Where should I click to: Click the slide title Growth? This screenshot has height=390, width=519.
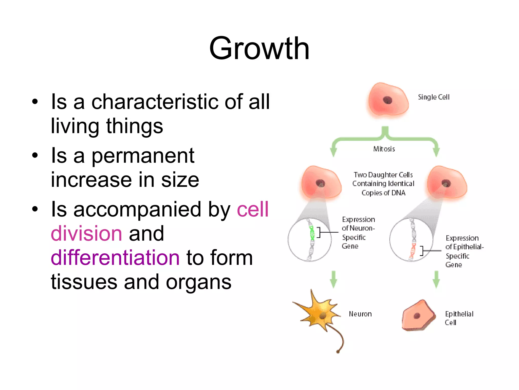(259, 49)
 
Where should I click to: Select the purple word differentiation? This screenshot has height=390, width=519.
(115, 258)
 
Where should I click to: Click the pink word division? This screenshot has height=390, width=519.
(86, 234)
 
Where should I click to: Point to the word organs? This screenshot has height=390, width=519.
(199, 282)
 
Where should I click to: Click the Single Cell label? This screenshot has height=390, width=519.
(434, 97)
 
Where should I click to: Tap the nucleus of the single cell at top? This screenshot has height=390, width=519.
(387, 100)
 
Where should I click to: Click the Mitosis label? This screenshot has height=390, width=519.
(384, 149)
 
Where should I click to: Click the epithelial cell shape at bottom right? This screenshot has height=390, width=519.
(418, 316)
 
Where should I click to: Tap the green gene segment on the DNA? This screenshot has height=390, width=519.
(312, 233)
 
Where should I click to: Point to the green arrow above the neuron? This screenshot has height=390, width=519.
(333, 280)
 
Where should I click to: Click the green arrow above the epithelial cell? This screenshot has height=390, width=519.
(436, 280)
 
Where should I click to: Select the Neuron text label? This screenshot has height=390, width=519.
(360, 314)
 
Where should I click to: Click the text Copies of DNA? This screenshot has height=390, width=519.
(383, 193)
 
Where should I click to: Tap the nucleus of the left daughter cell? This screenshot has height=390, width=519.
(320, 183)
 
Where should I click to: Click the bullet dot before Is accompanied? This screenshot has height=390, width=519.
(35, 209)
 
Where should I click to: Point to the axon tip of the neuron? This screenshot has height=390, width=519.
(338, 351)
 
